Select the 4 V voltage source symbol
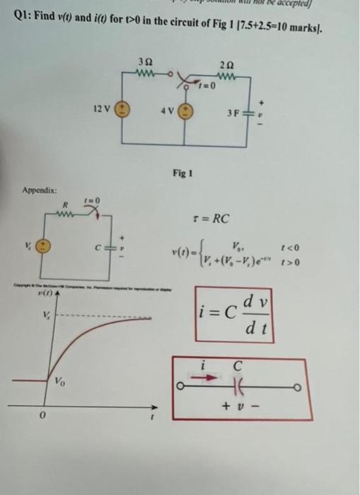188,112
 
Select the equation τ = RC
211,219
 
